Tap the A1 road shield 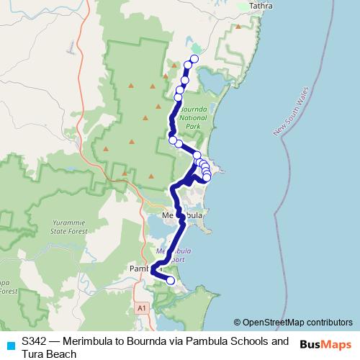pyautogui.click(x=143, y=307)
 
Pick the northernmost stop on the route pyautogui.click(x=194, y=59)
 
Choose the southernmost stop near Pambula pyautogui.click(x=171, y=281)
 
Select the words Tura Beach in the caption pyautogui.click(x=49, y=354)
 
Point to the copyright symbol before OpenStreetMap pyautogui.click(x=238, y=323)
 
